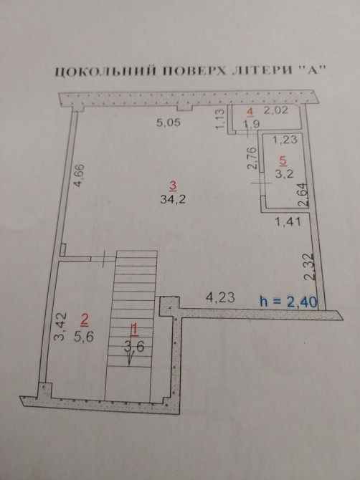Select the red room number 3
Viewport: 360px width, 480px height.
pyautogui.click(x=173, y=186)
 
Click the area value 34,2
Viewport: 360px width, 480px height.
pyautogui.click(x=173, y=200)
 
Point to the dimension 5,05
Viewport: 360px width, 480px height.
pyautogui.click(x=169, y=123)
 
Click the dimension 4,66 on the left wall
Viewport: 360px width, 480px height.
pyautogui.click(x=80, y=176)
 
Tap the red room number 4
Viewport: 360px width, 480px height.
pyautogui.click(x=250, y=112)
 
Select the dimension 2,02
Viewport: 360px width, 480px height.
pyautogui.click(x=276, y=110)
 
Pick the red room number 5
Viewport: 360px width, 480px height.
pyautogui.click(x=283, y=160)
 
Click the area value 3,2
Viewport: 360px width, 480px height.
pyautogui.click(x=285, y=174)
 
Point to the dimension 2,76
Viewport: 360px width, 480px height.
pyautogui.click(x=252, y=158)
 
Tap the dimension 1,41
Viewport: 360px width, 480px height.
pyautogui.click(x=288, y=221)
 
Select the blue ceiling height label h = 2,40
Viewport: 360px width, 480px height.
pyautogui.click(x=288, y=302)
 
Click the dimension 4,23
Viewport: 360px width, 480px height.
pyautogui.click(x=221, y=297)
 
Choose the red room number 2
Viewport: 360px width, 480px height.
pyautogui.click(x=84, y=320)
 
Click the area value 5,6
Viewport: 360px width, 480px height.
pyautogui.click(x=84, y=337)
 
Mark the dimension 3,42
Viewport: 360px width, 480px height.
pyautogui.click(x=60, y=326)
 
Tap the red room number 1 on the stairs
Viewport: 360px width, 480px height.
pyautogui.click(x=134, y=330)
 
